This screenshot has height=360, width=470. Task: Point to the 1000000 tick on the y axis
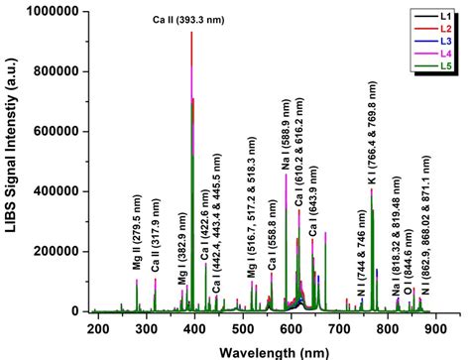click(52, 13)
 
